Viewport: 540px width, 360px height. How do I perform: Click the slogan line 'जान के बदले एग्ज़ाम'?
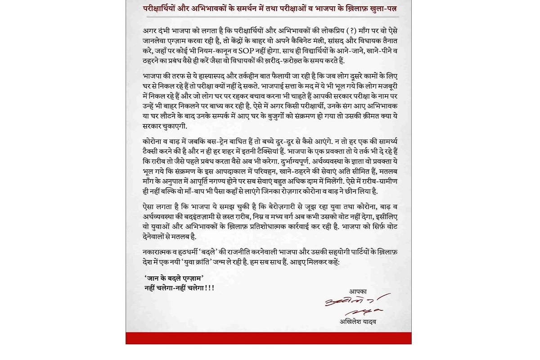pos(174,278)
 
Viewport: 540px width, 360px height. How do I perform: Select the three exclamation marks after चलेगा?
pos(209,288)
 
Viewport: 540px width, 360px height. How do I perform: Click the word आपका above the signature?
pos(358,292)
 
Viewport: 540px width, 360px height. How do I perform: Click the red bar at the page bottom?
pos(268,338)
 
